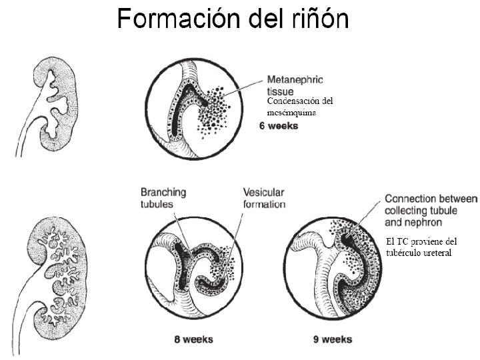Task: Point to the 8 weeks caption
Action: (194, 339)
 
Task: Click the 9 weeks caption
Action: (333, 339)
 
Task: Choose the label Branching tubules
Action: (163, 197)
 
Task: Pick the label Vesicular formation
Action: (264, 197)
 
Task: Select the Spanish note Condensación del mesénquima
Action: (299, 107)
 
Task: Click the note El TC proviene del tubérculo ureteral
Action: (421, 247)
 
